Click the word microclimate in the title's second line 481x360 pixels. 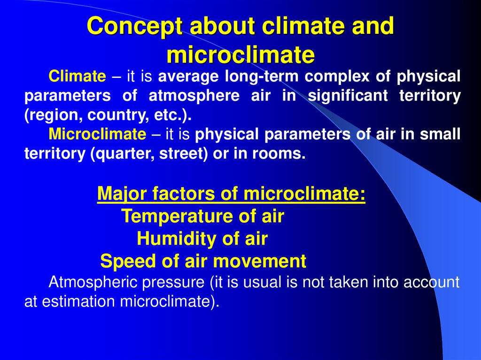click(240, 55)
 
